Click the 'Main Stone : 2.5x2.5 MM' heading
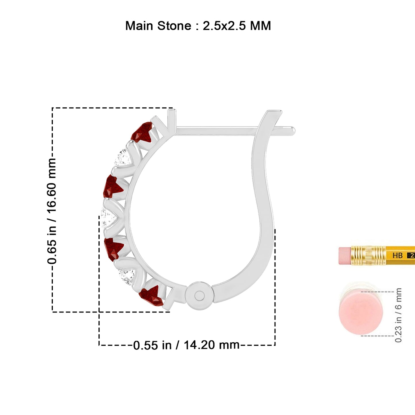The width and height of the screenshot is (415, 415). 198,26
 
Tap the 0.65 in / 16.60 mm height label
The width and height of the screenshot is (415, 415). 52,211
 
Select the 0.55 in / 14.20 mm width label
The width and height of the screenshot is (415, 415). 186,345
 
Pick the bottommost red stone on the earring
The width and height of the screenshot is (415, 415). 152,296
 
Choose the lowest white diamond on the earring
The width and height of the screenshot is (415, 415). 127,277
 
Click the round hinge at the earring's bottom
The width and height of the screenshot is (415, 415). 199,296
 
